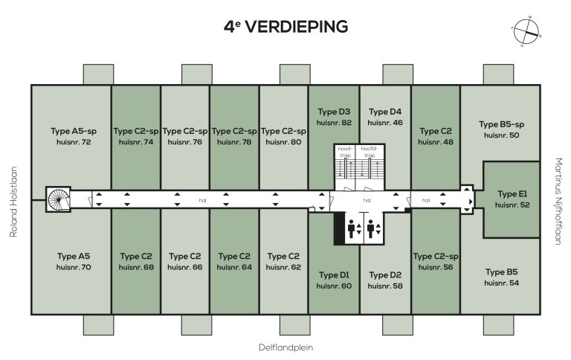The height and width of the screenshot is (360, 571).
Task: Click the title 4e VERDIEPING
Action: pyautogui.click(x=285, y=28)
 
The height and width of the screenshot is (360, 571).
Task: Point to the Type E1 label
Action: pyautogui.click(x=512, y=193)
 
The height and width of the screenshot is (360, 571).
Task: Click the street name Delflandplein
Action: pyautogui.click(x=285, y=347)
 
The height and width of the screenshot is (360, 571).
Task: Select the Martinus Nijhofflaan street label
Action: pyautogui.click(x=558, y=195)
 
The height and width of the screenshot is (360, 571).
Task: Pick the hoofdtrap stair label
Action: pyautogui.click(x=370, y=152)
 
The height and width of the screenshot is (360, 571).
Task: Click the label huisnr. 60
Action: pyautogui.click(x=333, y=285)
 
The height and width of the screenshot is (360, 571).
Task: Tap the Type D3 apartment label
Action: pyautogui.click(x=333, y=112)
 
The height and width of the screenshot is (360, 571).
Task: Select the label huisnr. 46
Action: pyautogui.click(x=385, y=122)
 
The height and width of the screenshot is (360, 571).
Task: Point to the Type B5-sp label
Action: pyautogui.click(x=501, y=124)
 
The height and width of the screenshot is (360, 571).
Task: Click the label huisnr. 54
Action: pyautogui.click(x=501, y=283)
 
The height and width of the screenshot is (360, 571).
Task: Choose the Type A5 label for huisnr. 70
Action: pyautogui.click(x=74, y=256)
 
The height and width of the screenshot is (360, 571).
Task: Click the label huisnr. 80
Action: pyautogui.click(x=283, y=141)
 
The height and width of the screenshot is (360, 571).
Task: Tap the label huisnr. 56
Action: pyautogui.click(x=435, y=266)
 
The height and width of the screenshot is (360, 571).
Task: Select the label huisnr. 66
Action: pyautogui.click(x=184, y=266)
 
